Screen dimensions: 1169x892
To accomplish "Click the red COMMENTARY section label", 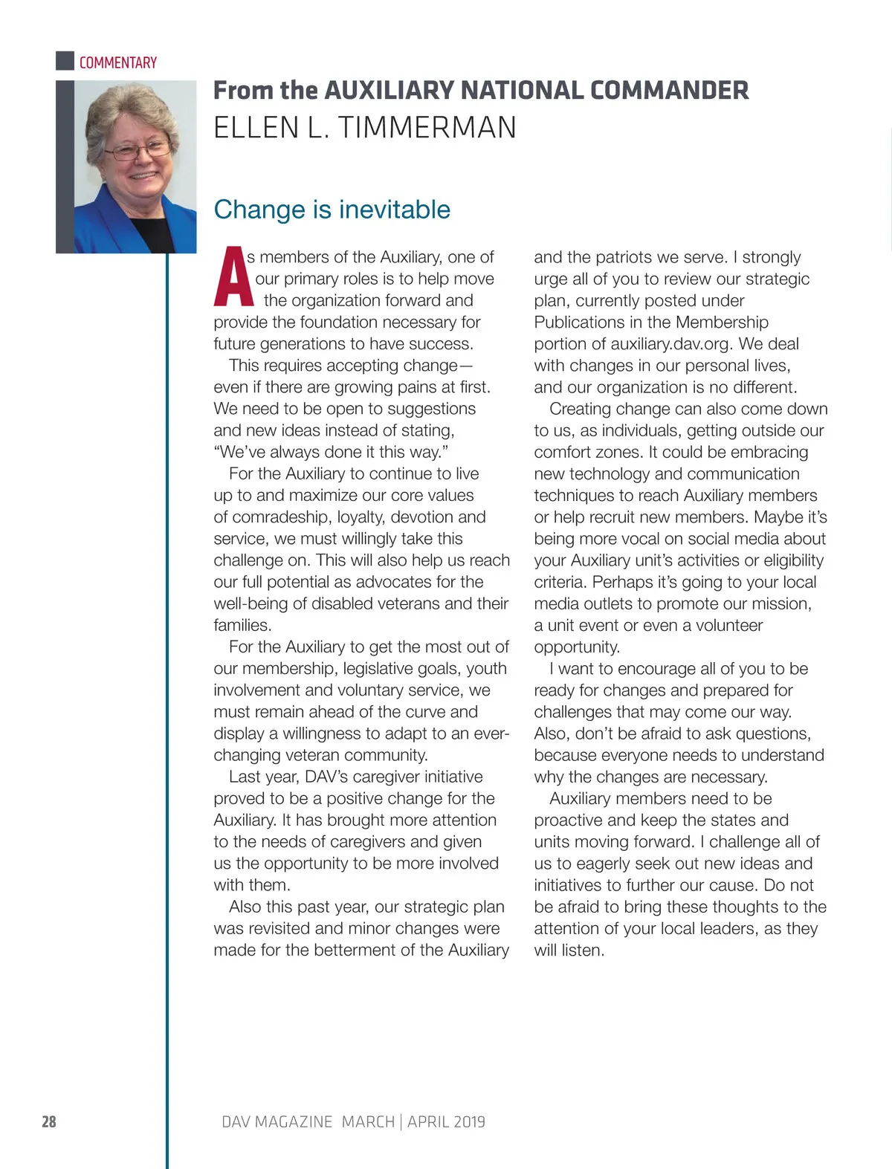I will [x=118, y=62].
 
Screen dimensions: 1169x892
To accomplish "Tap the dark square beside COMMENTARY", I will [x=65, y=60].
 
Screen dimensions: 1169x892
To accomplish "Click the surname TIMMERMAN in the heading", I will [x=427, y=128].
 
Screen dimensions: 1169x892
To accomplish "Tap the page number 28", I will [x=49, y=1121].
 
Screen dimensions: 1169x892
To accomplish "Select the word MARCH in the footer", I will [x=368, y=1121].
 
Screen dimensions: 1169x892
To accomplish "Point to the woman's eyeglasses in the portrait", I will [x=138, y=151].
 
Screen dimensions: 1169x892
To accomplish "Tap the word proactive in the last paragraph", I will [x=568, y=820].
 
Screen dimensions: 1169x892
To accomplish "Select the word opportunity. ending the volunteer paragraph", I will [x=577, y=647].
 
